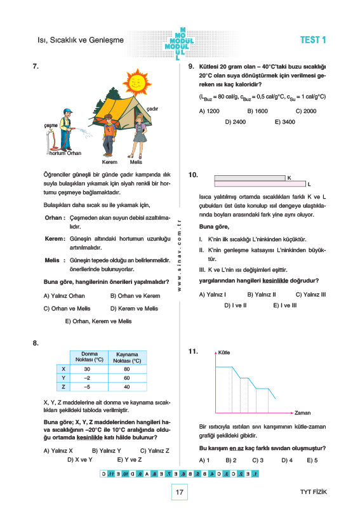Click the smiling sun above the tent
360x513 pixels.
pyautogui.click(x=137, y=82)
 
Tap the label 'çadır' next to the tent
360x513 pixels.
pyautogui.click(x=152, y=109)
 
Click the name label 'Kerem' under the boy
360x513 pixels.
pyautogui.click(x=109, y=162)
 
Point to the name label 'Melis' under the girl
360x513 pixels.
pyautogui.click(x=136, y=162)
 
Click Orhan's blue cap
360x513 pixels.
pyautogui.click(x=68, y=111)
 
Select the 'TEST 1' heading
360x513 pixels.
pyautogui.click(x=313, y=40)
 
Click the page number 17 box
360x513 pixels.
pyautogui.click(x=179, y=492)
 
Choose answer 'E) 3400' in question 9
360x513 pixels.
pyautogui.click(x=284, y=122)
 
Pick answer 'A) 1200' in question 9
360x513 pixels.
pyautogui.click(x=209, y=111)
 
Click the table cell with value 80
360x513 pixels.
pyautogui.click(x=127, y=369)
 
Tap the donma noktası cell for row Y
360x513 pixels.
pyautogui.click(x=87, y=378)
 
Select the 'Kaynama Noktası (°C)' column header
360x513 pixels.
pyautogui.click(x=127, y=357)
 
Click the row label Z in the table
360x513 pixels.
pyautogui.click(x=63, y=387)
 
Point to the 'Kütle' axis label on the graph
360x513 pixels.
pyautogui.click(x=224, y=352)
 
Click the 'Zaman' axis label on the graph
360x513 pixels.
pyautogui.click(x=302, y=413)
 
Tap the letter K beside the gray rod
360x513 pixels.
pyautogui.click(x=289, y=178)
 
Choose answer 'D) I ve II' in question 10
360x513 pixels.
pyautogui.click(x=236, y=305)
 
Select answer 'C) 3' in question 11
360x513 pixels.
pyautogui.click(x=258, y=460)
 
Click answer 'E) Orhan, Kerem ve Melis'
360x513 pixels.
pyautogui.click(x=98, y=321)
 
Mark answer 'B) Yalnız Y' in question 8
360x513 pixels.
pyautogui.click(x=107, y=451)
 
